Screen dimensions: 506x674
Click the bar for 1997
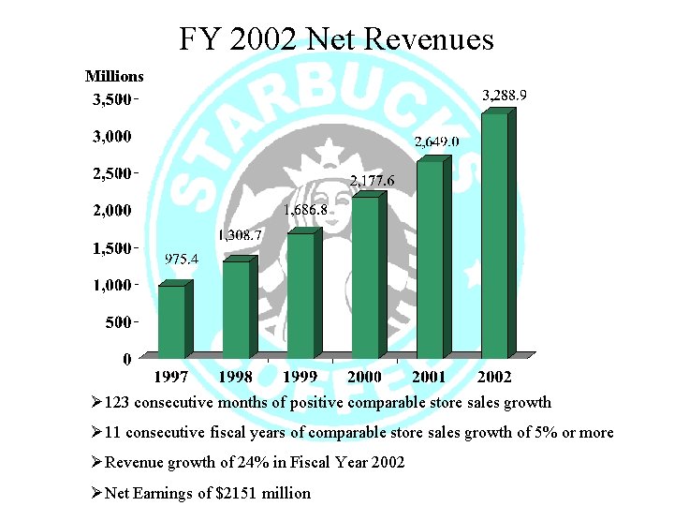click(x=171, y=321)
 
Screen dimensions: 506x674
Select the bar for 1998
click(x=236, y=309)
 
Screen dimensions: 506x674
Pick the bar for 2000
click(x=365, y=277)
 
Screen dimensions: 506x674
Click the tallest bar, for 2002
click(x=493, y=235)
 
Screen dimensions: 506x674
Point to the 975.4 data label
click(x=181, y=260)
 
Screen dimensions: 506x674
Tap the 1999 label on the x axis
click(x=300, y=376)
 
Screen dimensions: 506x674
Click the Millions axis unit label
click(x=114, y=76)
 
